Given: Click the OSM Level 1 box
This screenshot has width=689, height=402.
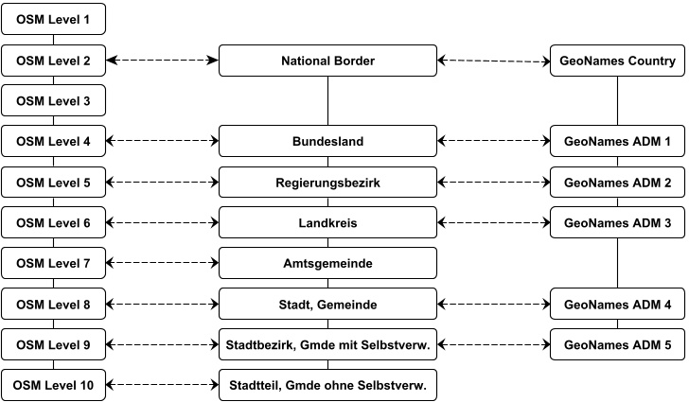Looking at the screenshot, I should point(53,19).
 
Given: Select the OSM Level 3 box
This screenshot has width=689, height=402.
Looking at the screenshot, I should point(53,100).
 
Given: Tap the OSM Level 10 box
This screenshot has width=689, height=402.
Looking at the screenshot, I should point(53,385).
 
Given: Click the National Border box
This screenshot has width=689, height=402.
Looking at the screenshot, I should point(327,61).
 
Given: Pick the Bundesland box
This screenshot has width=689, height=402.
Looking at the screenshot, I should point(327,142).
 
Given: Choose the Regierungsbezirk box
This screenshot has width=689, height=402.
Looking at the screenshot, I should point(327,182).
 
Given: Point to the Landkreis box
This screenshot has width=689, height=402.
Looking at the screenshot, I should point(327,222).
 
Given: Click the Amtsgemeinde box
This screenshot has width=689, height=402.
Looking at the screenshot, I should point(327,263).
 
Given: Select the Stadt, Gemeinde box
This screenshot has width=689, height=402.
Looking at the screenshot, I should point(327,305).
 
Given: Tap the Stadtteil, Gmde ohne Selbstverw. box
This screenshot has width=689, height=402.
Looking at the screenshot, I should point(327,385).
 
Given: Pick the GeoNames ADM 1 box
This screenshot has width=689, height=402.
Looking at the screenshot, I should point(617,142).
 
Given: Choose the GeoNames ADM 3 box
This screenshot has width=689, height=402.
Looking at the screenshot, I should point(617,222).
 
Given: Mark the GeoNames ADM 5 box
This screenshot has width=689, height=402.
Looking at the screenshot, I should point(617,345).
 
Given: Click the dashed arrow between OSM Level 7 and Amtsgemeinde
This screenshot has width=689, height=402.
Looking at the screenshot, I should point(162,263).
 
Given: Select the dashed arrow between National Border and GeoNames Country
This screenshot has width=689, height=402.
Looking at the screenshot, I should point(493,61).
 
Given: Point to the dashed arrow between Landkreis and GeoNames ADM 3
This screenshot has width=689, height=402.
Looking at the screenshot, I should point(493,222).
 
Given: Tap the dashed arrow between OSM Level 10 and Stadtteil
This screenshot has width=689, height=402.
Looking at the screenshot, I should point(162,385).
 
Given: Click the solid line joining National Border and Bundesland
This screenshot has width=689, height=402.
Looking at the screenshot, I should point(327,101).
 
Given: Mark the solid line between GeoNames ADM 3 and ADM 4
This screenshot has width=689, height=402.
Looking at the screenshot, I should point(617,263).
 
